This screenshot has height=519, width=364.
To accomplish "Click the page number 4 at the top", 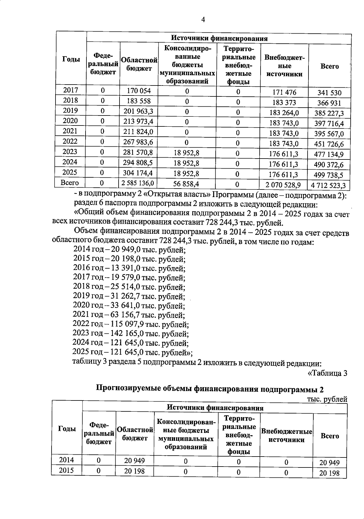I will coord(203,20).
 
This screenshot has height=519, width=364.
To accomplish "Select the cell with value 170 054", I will coord(139,91).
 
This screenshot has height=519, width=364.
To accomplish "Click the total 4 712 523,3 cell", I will coord(328,185).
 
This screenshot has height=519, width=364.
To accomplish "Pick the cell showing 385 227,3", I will coord(329,113).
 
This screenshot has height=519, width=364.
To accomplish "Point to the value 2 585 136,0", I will coord(138,183).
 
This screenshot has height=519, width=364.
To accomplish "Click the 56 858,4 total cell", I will coord(186,184).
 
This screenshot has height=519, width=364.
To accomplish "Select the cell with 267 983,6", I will coord(138,142).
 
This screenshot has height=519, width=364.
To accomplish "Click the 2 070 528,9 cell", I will coord(283,184).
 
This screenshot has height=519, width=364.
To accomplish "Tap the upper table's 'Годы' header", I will coord(71,59).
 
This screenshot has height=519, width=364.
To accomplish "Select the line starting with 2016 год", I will coord(129,268).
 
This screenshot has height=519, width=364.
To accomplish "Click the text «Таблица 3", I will coord(327,373).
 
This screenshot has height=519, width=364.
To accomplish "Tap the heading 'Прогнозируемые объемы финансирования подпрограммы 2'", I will coord(210,389).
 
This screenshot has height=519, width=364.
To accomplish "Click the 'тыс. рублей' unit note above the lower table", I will coord(327,399).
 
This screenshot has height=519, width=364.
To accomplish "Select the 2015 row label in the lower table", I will coord(66,470).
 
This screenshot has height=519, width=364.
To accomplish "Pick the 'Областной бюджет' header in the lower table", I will coord(135,434).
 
